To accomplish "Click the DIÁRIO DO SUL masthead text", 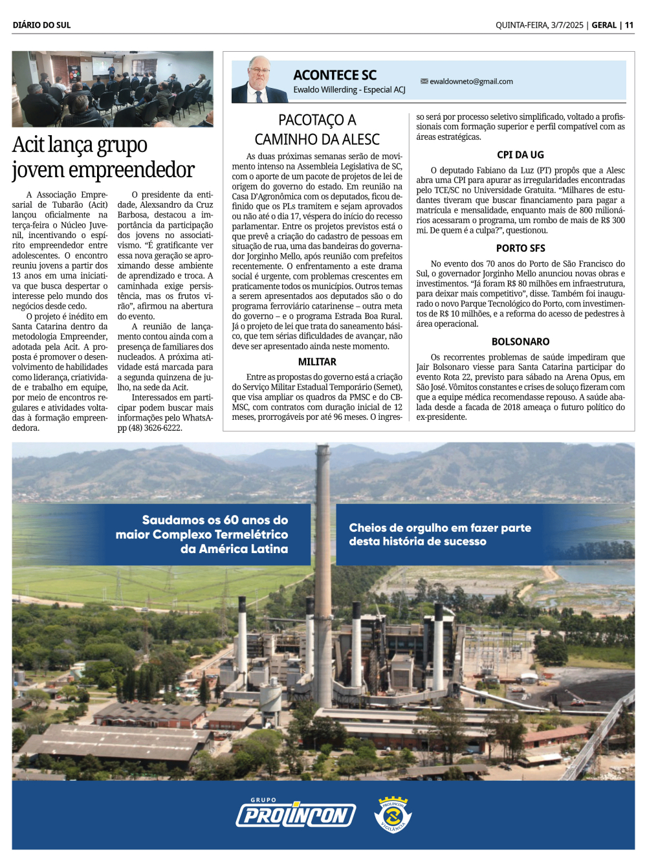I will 41,25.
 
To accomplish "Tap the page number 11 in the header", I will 629,25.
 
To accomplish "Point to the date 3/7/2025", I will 567,25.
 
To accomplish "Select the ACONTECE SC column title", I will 334,76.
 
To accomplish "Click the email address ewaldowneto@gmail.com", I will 471,82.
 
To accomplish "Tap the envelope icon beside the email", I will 424,82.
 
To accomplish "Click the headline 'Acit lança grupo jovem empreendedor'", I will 103,157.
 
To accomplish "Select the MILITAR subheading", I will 317,362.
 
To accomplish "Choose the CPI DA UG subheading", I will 520,155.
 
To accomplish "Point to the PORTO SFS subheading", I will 520,248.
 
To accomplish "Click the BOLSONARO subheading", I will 520,342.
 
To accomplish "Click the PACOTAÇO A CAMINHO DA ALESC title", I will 317,129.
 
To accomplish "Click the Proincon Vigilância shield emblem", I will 393,814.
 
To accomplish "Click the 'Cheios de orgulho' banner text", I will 440,534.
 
